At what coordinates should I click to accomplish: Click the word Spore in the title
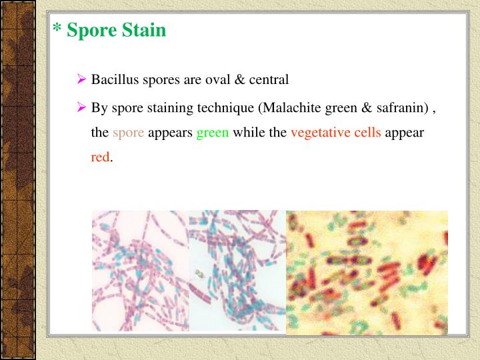(91, 31)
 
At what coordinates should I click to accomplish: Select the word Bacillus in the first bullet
(113, 80)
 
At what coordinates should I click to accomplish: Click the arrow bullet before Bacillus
(82, 80)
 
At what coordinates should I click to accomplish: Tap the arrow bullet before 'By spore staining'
(82, 107)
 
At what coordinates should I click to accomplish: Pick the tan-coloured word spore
(128, 132)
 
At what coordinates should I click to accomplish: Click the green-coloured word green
(213, 132)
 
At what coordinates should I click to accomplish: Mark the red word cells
(366, 132)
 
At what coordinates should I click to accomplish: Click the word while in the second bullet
(248, 132)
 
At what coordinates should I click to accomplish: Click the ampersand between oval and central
(238, 80)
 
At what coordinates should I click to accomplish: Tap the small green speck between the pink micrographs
(198, 273)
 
